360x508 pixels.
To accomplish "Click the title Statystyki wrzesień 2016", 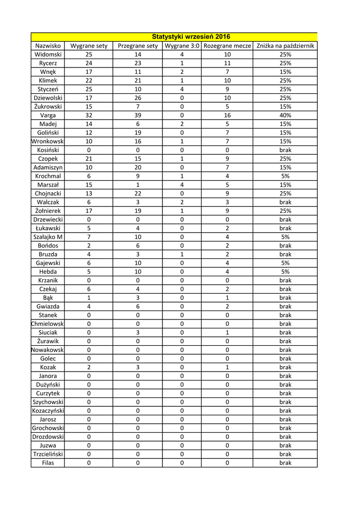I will tap(191, 37).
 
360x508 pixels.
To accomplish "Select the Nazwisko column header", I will tap(48, 46).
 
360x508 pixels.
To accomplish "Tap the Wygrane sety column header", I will tap(89, 46).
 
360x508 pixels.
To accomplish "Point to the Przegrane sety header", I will tap(138, 46).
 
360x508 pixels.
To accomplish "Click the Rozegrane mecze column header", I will tap(227, 46).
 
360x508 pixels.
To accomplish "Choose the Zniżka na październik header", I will tap(285, 46).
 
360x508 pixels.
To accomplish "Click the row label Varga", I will tap(48, 115).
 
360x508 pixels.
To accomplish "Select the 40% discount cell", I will tap(285, 115).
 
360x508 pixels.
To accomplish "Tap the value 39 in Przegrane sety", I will tap(138, 115).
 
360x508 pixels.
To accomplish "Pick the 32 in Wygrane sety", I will tap(89, 115).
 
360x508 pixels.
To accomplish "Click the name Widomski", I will tap(48, 55).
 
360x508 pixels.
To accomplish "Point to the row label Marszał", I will tap(48, 185).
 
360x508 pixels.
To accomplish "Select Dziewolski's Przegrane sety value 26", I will tap(138, 98).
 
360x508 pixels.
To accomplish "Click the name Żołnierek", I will tap(48, 211).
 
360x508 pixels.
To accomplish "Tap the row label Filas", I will tap(48, 463).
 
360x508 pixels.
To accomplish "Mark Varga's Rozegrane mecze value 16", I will tap(227, 115).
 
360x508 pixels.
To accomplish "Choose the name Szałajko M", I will tap(48, 237).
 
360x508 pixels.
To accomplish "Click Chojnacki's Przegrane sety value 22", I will tap(138, 193).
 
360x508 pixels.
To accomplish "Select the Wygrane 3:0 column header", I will tap(182, 46).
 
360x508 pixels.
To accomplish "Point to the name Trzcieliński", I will tap(48, 454).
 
